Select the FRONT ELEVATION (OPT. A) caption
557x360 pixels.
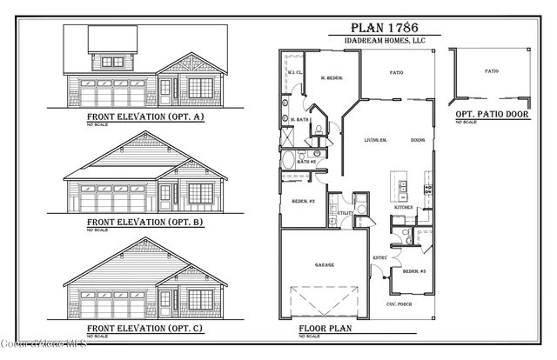144,116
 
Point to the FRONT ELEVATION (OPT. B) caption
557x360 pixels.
144,221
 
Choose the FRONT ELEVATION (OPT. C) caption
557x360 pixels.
144,329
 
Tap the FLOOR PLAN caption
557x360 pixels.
325,330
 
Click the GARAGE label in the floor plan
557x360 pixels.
324,264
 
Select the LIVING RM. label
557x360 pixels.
375,140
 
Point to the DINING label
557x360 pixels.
418,140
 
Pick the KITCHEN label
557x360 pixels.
404,209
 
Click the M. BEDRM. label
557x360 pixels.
330,78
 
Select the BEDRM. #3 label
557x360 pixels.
413,272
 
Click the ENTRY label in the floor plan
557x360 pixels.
380,257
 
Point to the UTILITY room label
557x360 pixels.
344,213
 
